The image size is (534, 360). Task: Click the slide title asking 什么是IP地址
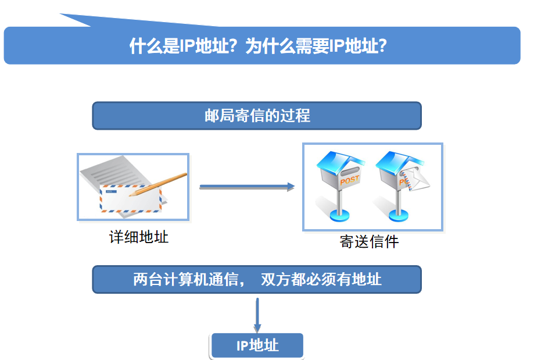(x=259, y=47)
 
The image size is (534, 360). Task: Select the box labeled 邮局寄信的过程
(x=257, y=115)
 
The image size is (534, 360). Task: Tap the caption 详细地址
(x=139, y=237)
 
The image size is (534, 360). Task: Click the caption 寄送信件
(x=370, y=241)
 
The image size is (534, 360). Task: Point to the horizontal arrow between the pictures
(x=246, y=187)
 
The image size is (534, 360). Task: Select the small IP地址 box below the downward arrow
(x=257, y=345)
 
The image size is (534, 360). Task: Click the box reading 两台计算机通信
(x=257, y=279)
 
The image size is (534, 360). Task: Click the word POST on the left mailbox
(x=349, y=181)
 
